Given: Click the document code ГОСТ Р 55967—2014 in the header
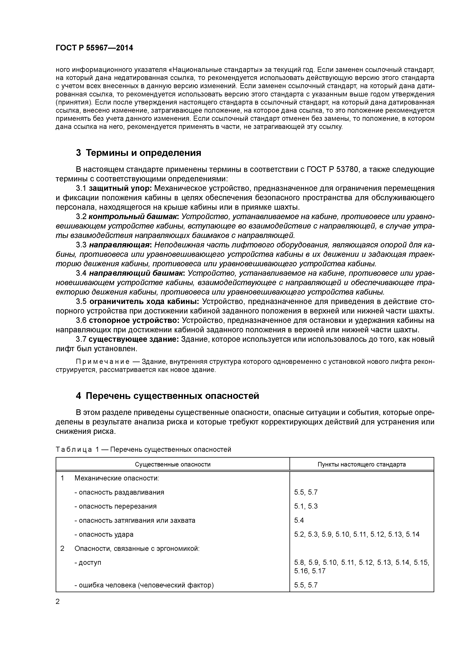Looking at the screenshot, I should click(94, 48).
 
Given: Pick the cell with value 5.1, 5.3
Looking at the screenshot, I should click(306, 506).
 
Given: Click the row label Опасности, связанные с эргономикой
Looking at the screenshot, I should click(137, 548).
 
